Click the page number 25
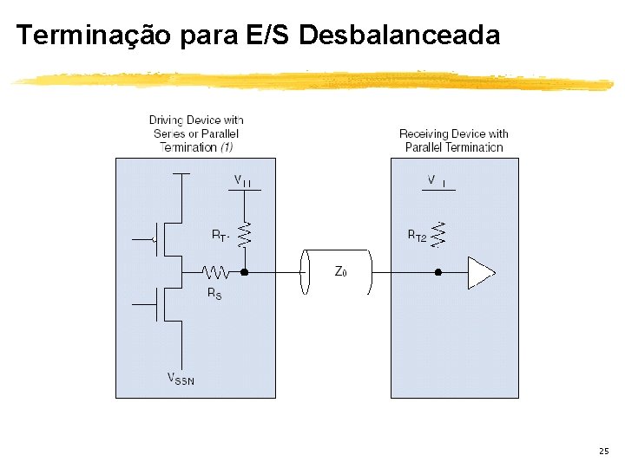pos(603,452)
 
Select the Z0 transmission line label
pos(341,272)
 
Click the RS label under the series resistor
pos(214,294)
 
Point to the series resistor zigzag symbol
pos(215,272)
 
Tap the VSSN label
pos(181,378)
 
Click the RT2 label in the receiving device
pos(417,235)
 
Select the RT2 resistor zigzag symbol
pos(439,235)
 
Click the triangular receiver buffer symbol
pos(480,272)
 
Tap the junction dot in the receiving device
pos(438,272)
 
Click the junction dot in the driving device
pos(245,272)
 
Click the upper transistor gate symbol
pos(155,236)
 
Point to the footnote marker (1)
pos(226,147)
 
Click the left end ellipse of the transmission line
pos(304,272)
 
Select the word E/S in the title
pos(269,36)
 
